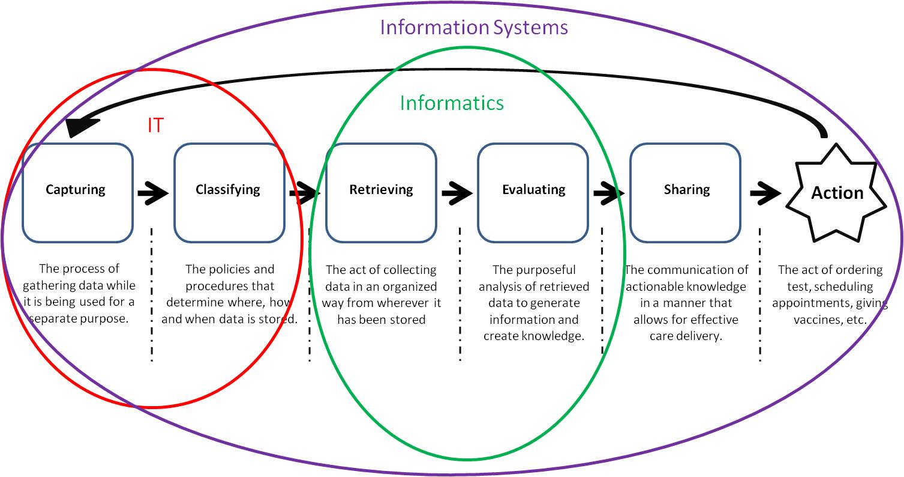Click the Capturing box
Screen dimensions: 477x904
pos(77,192)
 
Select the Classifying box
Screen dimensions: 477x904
pos(229,192)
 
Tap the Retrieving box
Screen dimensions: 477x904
pos(381,192)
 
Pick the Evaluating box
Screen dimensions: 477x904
pos(533,192)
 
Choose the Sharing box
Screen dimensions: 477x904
pos(686,192)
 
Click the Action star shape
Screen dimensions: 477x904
pos(837,193)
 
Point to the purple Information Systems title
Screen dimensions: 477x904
pos(474,27)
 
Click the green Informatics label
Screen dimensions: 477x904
pos(452,103)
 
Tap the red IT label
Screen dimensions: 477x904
pos(155,125)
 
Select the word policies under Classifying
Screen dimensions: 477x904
pos(230,269)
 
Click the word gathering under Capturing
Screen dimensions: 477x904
pos(48,285)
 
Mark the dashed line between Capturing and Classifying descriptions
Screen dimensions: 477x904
pos(152,294)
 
